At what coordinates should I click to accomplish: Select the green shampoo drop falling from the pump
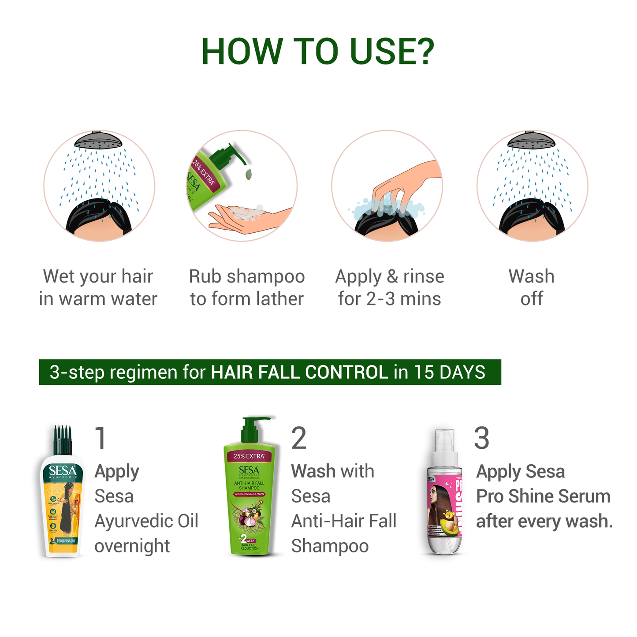point(248,174)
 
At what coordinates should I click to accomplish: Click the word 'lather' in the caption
point(280,299)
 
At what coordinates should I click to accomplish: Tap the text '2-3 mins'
point(403,299)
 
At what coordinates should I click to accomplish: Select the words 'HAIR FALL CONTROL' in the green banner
point(300,373)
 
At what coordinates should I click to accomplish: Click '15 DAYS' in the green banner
point(449,373)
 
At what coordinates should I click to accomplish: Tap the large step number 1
point(101,438)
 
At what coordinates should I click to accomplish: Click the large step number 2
point(299,438)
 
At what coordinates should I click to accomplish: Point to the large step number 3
point(481,438)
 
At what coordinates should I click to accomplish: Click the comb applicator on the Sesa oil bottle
point(62,439)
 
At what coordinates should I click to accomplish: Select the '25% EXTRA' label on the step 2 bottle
point(249,456)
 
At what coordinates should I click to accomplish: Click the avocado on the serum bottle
point(449,528)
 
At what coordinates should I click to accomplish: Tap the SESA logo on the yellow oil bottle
point(62,471)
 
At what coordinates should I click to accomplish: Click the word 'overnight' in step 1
point(132,546)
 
